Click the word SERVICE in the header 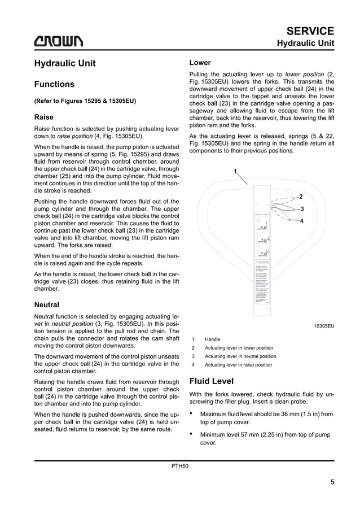(x=310, y=30)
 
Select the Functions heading (x=54, y=84)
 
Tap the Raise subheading (x=44, y=117)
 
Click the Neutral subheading (x=47, y=304)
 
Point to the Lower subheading (x=200, y=63)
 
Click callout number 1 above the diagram (x=235, y=171)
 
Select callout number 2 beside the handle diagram (x=301, y=197)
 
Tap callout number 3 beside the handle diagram (x=302, y=209)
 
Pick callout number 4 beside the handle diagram (x=301, y=221)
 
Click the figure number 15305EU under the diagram (x=324, y=326)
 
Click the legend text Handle (x=213, y=339)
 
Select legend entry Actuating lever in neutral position (x=240, y=356)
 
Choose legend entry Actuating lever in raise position (x=238, y=365)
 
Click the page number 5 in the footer (x=332, y=482)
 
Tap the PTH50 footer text (x=180, y=467)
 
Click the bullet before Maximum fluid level (x=193, y=413)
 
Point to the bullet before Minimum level (x=193, y=434)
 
